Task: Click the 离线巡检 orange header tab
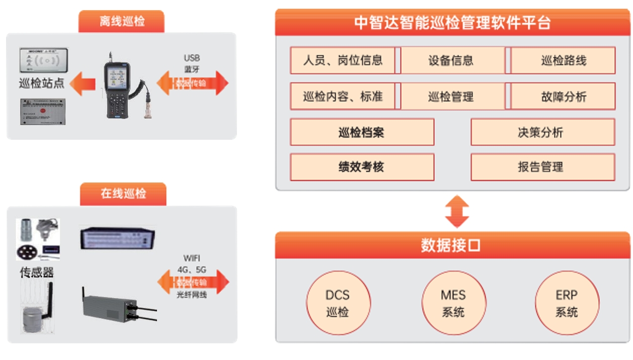[122, 22]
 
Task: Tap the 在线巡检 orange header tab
[123, 194]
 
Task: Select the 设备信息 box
[451, 61]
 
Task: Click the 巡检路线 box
[563, 61]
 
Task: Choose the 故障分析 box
[563, 97]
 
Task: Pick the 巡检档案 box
[362, 132]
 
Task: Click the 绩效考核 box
[362, 167]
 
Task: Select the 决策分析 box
[542, 132]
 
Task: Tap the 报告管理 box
[542, 167]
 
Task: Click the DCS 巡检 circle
[338, 303]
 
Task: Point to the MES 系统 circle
[453, 303]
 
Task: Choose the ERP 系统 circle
[567, 303]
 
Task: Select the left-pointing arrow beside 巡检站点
[82, 83]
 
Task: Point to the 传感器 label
[36, 272]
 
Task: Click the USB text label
[192, 58]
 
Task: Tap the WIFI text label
[192, 258]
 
